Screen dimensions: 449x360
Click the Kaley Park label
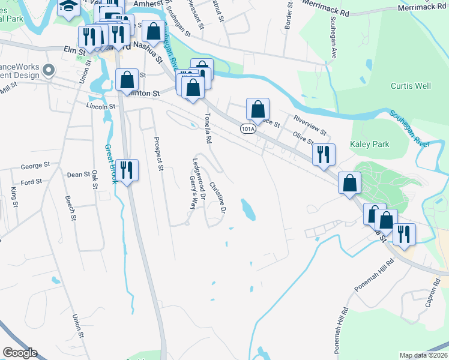370,144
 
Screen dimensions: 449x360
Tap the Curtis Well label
411,86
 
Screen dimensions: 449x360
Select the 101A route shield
248,129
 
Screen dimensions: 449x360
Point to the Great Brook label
110,164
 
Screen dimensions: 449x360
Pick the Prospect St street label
158,154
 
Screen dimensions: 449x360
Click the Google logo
20,353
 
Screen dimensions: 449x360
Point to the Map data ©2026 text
424,355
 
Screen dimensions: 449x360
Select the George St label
35,166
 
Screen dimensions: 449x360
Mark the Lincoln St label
100,106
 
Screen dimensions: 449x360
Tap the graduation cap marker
69,7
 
